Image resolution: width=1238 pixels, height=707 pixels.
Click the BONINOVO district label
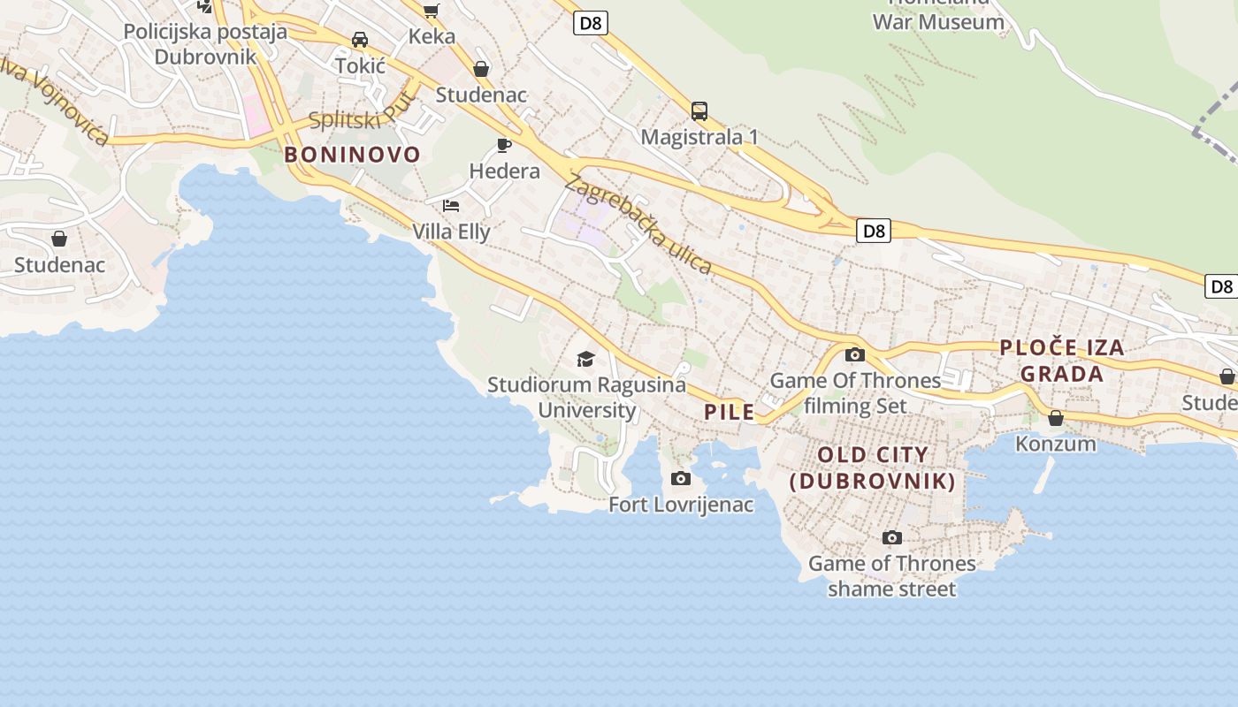[352, 155]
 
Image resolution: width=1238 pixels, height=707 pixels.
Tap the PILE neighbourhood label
[730, 411]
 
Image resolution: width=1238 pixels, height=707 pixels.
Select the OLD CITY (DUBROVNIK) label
[873, 468]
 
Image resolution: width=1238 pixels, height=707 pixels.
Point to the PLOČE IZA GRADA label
[1062, 361]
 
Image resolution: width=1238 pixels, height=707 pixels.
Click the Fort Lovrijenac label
[681, 505]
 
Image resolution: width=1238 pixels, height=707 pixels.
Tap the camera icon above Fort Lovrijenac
[681, 479]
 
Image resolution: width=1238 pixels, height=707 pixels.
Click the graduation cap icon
[585, 359]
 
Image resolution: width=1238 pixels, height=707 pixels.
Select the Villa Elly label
[451, 232]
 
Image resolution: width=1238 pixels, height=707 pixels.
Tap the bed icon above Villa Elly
[451, 206]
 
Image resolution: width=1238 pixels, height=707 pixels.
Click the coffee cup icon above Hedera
[504, 145]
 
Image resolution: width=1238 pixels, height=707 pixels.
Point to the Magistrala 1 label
[699, 137]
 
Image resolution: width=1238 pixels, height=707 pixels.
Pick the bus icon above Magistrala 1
[699, 111]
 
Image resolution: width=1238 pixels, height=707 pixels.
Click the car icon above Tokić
[360, 40]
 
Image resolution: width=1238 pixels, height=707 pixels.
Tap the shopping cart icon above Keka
[432, 11]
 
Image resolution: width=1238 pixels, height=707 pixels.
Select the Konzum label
[1056, 443]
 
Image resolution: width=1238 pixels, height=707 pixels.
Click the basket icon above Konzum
[1056, 418]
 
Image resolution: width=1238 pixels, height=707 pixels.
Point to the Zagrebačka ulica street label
[638, 224]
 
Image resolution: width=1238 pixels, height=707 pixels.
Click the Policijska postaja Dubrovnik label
[205, 44]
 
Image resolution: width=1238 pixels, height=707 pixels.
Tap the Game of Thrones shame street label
[892, 575]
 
